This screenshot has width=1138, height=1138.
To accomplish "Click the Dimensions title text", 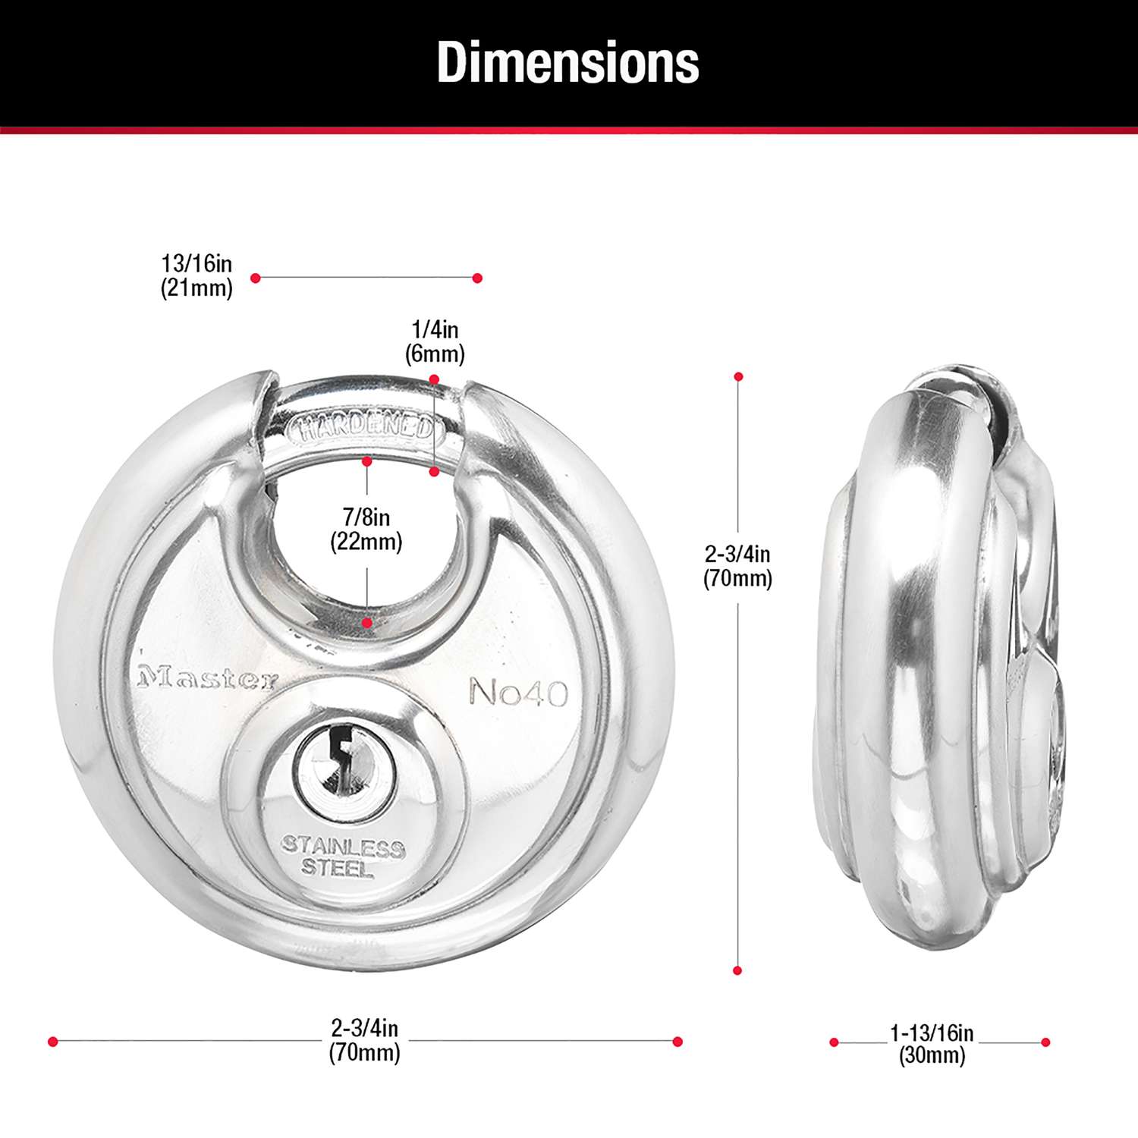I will coord(567,62).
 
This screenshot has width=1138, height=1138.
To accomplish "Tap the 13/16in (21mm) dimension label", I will coord(196,276).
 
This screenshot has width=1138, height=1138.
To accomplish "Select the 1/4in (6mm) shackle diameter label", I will coord(435,342).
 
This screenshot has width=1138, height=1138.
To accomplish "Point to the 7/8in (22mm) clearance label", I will coord(366,530).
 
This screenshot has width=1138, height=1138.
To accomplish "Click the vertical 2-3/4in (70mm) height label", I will coord(737,566).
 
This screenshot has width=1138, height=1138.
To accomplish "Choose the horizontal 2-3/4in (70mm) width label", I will coord(364,1040).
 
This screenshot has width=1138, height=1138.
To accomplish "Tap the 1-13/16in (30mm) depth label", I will coord(932,1044).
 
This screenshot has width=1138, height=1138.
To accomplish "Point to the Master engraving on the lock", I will coord(207,678).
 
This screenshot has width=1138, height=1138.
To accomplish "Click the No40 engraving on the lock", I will coord(518,692).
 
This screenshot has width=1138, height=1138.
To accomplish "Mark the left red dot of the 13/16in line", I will coord(256,278).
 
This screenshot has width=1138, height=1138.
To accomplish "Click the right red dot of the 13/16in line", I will coord(477,278).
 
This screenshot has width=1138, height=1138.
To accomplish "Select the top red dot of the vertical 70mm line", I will coord(738,377).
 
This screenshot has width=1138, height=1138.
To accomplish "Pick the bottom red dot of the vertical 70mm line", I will coord(737,970).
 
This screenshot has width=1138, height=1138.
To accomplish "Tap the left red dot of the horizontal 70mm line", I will coord(52,1042).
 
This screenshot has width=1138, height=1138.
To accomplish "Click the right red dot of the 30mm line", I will coord(1045,1042).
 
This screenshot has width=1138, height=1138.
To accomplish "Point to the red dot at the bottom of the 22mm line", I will coord(367,623).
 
